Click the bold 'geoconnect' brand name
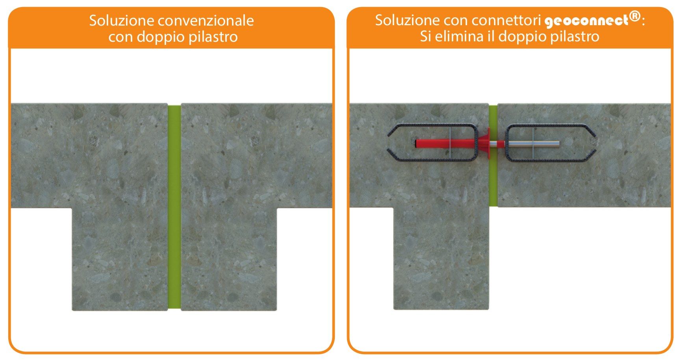[586, 20]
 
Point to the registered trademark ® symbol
[634, 17]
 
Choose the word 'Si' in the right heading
[425, 37]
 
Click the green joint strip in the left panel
[174, 207]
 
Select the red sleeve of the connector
[445, 143]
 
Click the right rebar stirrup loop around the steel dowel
[551, 126]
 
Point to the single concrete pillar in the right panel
[441, 256]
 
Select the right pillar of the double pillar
[228, 256]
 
